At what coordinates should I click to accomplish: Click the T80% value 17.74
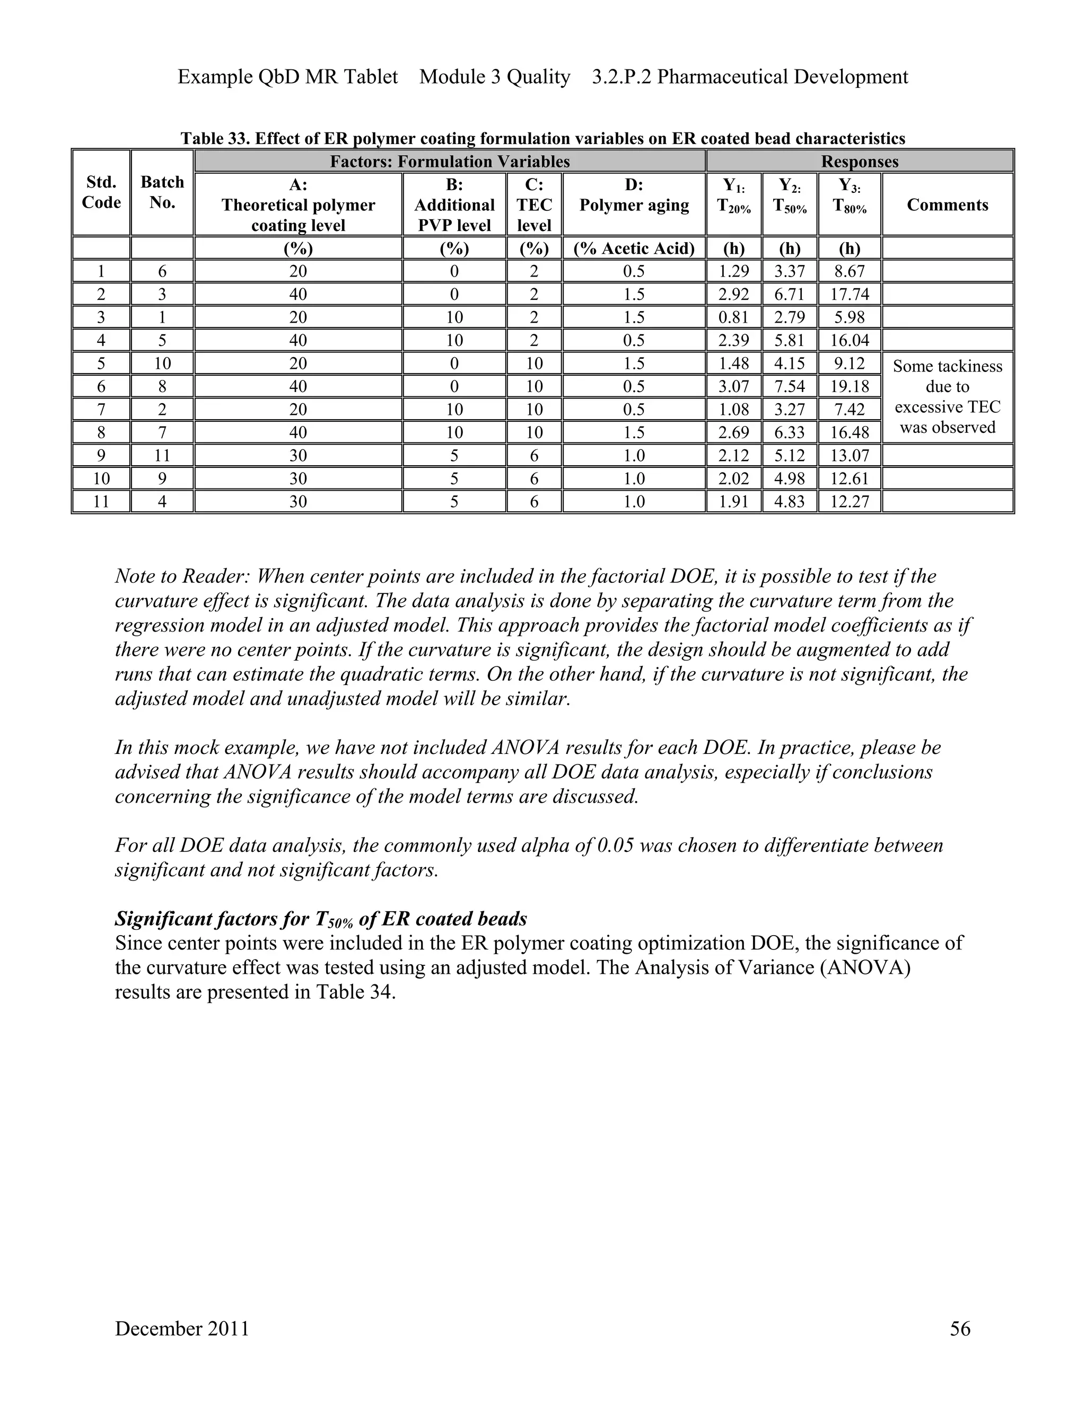click(x=849, y=295)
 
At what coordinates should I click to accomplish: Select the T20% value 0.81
click(x=733, y=317)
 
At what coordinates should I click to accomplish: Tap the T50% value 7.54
click(x=790, y=386)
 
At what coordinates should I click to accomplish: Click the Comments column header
click(x=947, y=205)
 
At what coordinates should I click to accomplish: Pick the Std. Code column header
click(x=101, y=192)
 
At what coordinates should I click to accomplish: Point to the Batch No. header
click(x=162, y=192)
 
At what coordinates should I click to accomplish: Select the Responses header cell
click(x=860, y=162)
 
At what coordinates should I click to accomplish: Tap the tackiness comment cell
click(x=947, y=397)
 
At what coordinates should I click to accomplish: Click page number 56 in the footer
click(x=959, y=1329)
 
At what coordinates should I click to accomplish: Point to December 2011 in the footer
click(x=182, y=1329)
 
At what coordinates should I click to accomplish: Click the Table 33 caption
click(x=542, y=138)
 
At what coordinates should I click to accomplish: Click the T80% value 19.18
click(x=849, y=386)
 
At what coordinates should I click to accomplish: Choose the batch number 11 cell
click(x=162, y=456)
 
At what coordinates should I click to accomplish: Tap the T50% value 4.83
click(x=790, y=501)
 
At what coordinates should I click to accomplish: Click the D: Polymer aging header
click(x=634, y=196)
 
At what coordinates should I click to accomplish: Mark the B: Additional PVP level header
click(x=454, y=205)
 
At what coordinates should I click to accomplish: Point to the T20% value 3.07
click(x=733, y=386)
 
